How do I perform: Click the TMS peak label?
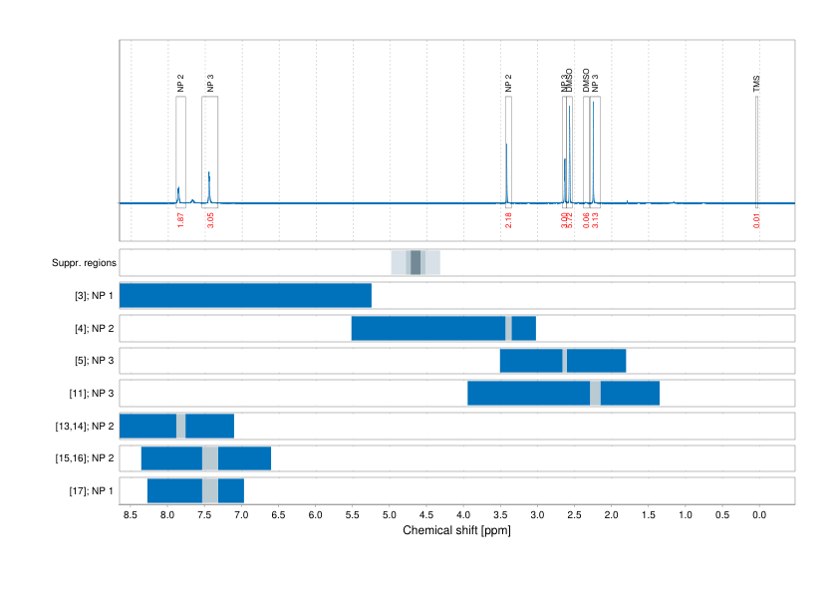[757, 84]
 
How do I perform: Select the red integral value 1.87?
[180, 219]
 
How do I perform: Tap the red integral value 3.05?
[210, 219]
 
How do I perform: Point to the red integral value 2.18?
[508, 219]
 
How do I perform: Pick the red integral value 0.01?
[757, 220]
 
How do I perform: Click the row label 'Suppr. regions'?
[84, 263]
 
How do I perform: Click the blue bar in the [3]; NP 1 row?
[245, 296]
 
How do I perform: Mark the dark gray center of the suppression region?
[416, 263]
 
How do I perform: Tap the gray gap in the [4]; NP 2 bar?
[508, 328]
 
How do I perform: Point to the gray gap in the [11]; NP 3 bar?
[595, 394]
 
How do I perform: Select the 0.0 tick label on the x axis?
[758, 515]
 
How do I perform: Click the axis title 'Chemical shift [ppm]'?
[456, 530]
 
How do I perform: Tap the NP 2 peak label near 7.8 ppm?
[180, 84]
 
